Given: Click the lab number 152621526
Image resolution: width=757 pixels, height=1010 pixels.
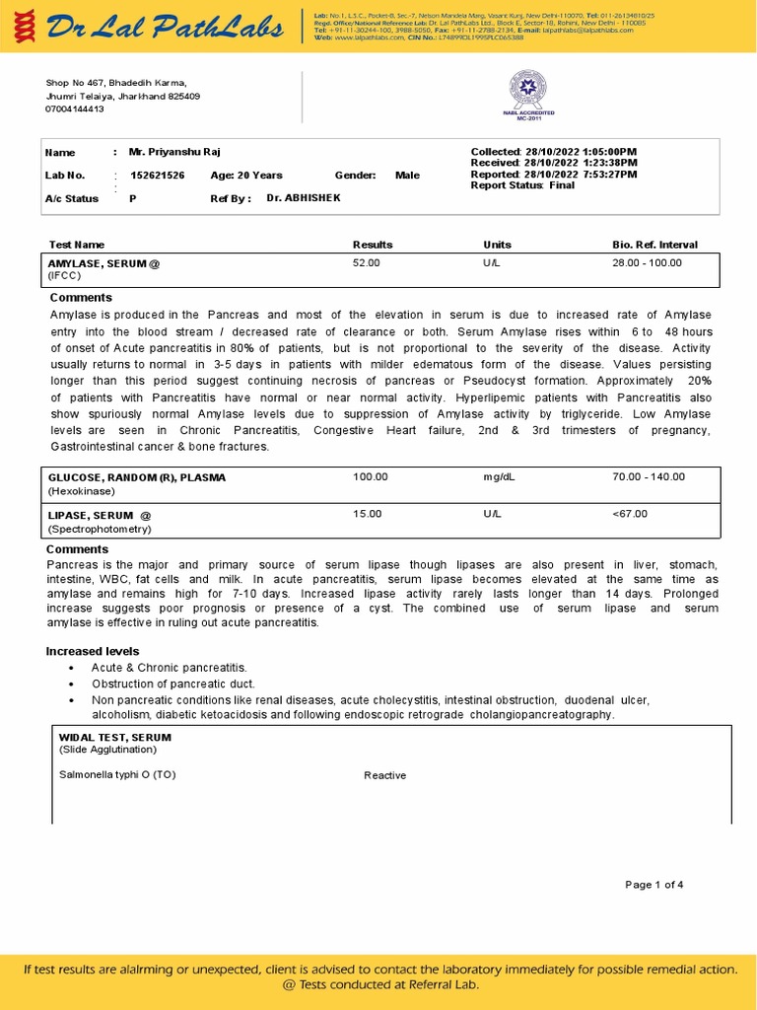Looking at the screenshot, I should (158, 175).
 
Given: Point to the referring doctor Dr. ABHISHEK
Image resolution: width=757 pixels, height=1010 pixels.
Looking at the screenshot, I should (304, 197).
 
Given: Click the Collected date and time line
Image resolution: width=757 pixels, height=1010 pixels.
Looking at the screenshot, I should (554, 151).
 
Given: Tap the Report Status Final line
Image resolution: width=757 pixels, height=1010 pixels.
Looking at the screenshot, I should (522, 185).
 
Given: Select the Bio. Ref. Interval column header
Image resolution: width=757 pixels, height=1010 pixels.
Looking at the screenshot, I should (654, 245).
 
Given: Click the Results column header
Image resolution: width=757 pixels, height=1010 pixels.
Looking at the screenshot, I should (373, 245).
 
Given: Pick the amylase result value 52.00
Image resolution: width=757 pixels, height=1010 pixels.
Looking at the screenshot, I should (366, 263).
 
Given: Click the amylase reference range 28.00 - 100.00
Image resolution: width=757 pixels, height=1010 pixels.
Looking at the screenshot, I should (647, 263).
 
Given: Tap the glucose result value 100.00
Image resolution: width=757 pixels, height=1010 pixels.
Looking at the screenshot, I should (370, 476).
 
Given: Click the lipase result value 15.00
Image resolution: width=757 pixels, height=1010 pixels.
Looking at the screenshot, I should (367, 514).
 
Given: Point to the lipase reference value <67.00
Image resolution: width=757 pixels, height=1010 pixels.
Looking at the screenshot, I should (629, 514).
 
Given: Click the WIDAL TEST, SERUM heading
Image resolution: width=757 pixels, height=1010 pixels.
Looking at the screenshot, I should (114, 737).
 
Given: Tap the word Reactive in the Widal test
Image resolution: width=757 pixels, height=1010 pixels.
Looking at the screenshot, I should (384, 775).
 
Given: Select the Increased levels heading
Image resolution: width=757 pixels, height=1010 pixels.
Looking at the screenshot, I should (93, 651).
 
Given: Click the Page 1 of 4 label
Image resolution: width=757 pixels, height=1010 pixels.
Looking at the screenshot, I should (654, 885).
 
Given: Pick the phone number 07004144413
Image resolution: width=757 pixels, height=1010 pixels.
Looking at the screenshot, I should (74, 108).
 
